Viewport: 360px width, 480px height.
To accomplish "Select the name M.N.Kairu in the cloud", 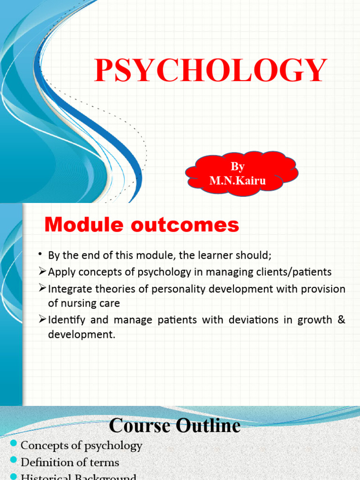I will click(238, 181).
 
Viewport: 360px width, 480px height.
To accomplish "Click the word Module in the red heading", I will click(80, 225).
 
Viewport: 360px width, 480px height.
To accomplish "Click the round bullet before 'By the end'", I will click(41, 255).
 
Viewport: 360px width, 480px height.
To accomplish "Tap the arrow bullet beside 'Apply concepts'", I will click(42, 272).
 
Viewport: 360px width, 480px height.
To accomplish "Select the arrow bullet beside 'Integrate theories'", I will click(42, 289).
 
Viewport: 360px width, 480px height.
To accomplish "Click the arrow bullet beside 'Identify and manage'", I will click(42, 320).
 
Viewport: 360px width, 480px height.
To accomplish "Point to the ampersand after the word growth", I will click(341, 320).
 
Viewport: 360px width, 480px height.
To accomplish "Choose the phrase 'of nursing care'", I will click(84, 303).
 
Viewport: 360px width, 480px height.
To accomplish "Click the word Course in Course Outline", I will click(139, 426).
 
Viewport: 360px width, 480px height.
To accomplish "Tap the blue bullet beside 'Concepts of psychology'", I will click(13, 444).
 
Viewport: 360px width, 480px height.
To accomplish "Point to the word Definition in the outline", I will click(46, 462).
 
